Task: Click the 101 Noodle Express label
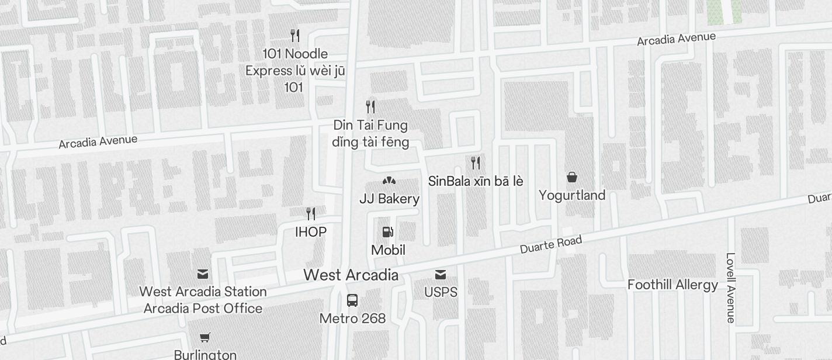(x=295, y=70)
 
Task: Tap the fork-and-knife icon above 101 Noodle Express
(x=295, y=36)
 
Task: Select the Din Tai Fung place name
(x=370, y=133)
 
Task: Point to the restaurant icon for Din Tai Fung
(x=370, y=106)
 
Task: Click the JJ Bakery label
(x=389, y=199)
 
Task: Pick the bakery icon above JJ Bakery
(x=389, y=181)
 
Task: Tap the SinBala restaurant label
(x=476, y=181)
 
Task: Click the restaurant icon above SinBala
(x=476, y=162)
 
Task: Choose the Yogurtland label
(x=572, y=195)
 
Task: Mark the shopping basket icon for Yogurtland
(x=572, y=176)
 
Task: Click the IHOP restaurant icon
(x=311, y=213)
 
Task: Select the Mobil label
(x=388, y=250)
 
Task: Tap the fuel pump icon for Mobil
(x=387, y=232)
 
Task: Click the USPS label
(x=441, y=292)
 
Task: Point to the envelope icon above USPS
(x=441, y=275)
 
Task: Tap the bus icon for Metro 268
(x=352, y=300)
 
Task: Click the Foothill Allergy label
(x=672, y=285)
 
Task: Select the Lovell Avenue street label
(x=730, y=288)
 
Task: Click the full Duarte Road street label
(x=551, y=244)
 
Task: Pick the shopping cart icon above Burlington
(x=205, y=337)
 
